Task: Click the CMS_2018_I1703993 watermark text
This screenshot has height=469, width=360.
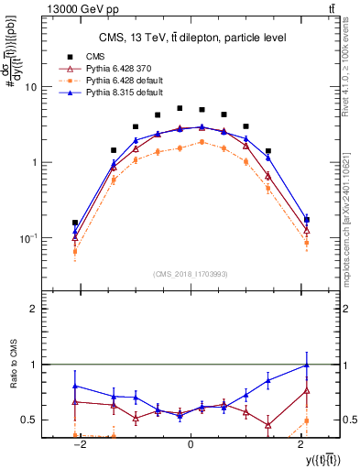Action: (190, 274)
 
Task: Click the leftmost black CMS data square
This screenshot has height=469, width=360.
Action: (75, 223)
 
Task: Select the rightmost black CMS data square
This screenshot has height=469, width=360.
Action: (306, 220)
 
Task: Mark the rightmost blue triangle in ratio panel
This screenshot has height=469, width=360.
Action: (306, 365)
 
